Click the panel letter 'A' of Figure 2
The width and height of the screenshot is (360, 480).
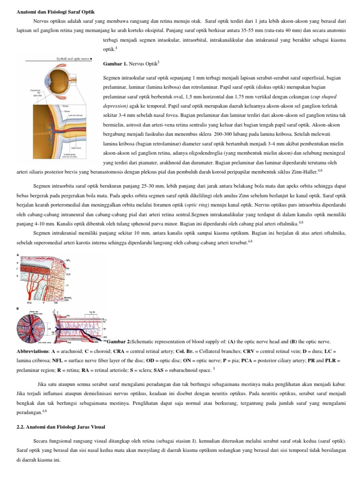tap(18, 255)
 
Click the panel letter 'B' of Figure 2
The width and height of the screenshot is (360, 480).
tap(18, 308)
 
